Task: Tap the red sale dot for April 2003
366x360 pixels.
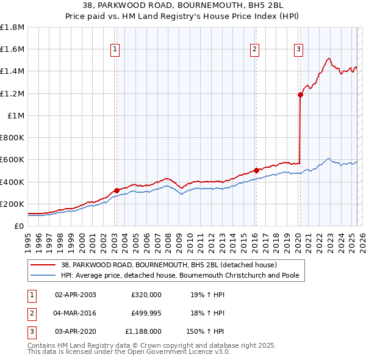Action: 117,190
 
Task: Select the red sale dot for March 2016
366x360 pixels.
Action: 256,170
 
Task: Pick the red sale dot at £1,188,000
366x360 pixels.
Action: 300,95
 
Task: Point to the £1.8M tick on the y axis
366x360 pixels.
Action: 12,27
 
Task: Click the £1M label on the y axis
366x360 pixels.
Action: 16,115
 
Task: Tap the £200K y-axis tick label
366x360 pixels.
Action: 12,204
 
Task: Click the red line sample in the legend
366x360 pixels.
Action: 43,265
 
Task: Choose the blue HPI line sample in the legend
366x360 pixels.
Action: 43,275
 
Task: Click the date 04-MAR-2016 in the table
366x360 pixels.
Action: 75,313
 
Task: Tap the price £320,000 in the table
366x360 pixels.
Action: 146,294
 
